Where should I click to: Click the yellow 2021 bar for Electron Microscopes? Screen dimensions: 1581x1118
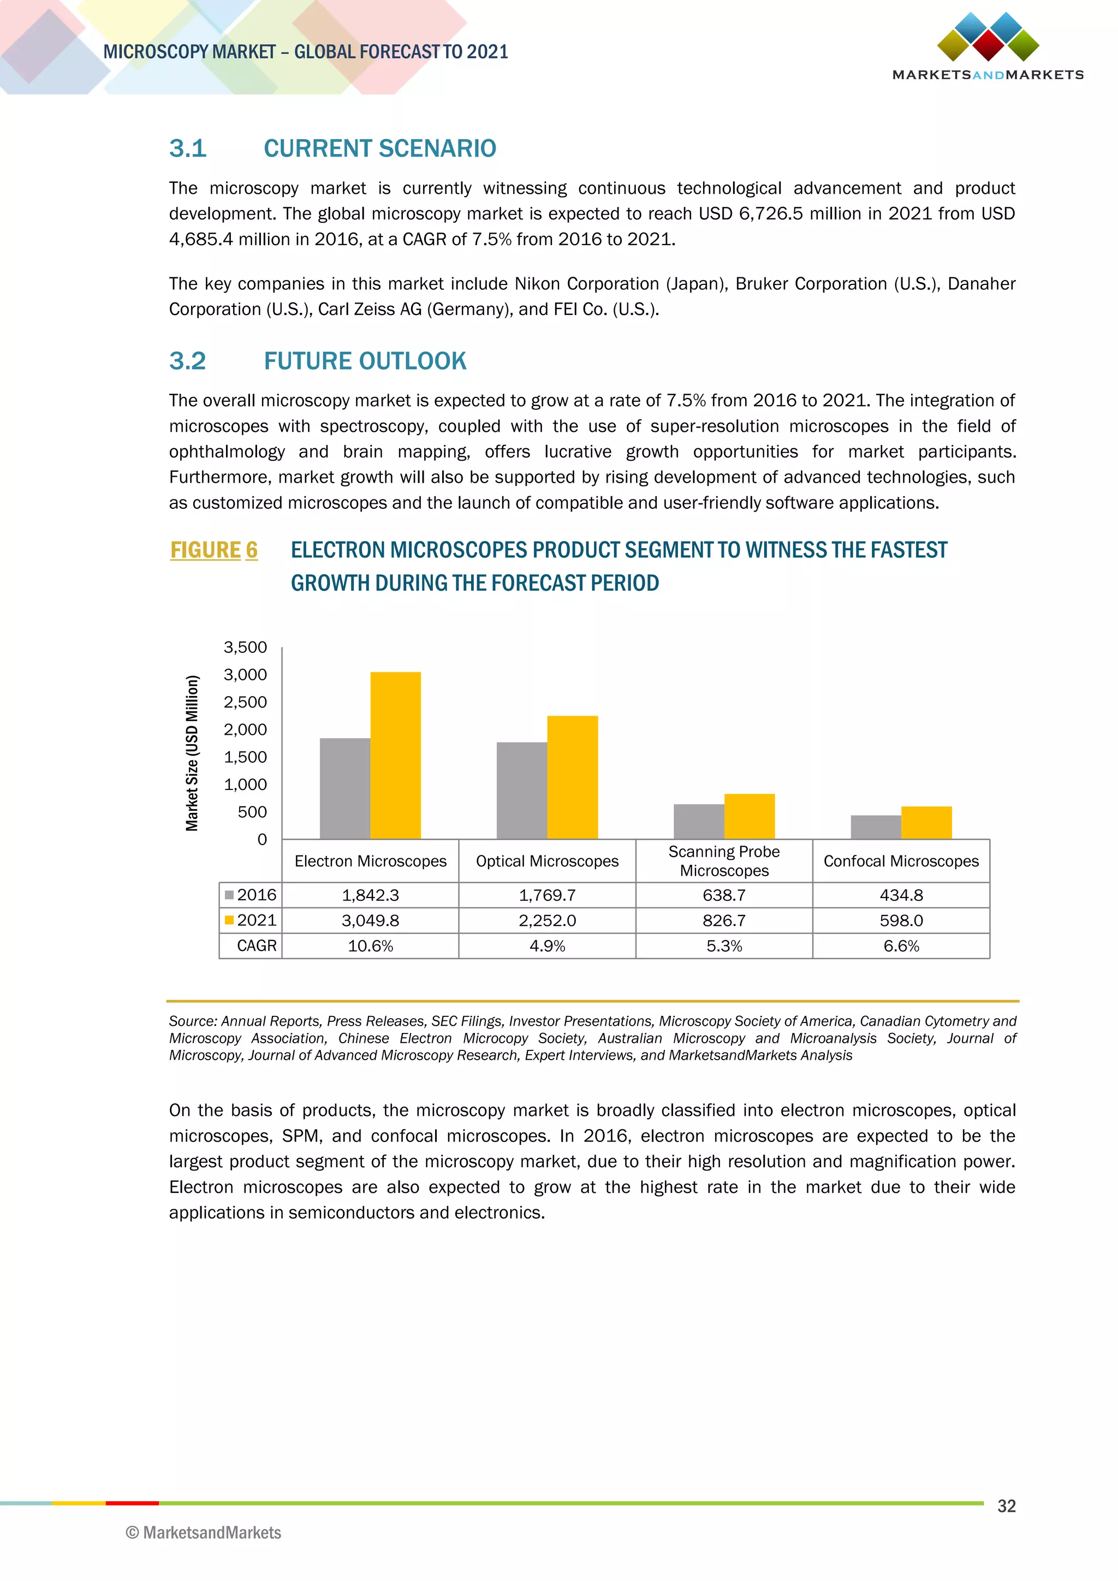395,756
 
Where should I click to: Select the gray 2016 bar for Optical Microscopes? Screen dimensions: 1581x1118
522,791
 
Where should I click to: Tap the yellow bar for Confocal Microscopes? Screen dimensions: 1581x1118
926,823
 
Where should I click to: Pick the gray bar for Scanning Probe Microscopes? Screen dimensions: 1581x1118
699,822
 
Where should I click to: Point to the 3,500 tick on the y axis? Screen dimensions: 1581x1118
245,647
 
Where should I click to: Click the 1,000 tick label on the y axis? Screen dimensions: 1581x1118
245,784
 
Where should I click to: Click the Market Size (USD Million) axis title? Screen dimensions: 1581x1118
192,753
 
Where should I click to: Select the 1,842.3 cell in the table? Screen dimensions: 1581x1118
370,895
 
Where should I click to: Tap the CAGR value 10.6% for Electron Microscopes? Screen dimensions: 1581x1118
370,946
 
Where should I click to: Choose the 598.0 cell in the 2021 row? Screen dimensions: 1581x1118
901,920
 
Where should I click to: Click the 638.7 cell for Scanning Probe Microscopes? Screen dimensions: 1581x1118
724,895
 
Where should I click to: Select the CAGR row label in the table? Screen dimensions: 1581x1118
256,946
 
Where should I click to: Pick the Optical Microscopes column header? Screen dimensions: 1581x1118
548,861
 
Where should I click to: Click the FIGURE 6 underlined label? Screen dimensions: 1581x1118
214,550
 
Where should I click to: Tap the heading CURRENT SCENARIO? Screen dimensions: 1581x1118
380,148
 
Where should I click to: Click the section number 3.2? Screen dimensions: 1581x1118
188,361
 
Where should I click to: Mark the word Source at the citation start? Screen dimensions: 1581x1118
192,1021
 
